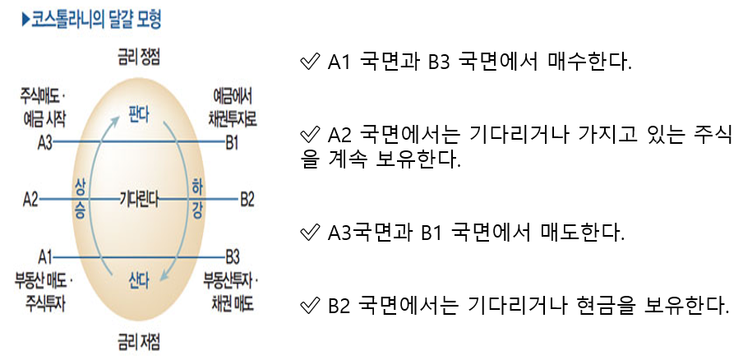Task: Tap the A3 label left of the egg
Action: (x=44, y=142)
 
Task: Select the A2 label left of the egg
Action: (x=31, y=199)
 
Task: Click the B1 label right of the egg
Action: (x=232, y=142)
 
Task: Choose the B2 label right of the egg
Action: (x=247, y=199)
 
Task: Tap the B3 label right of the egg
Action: (x=233, y=255)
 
